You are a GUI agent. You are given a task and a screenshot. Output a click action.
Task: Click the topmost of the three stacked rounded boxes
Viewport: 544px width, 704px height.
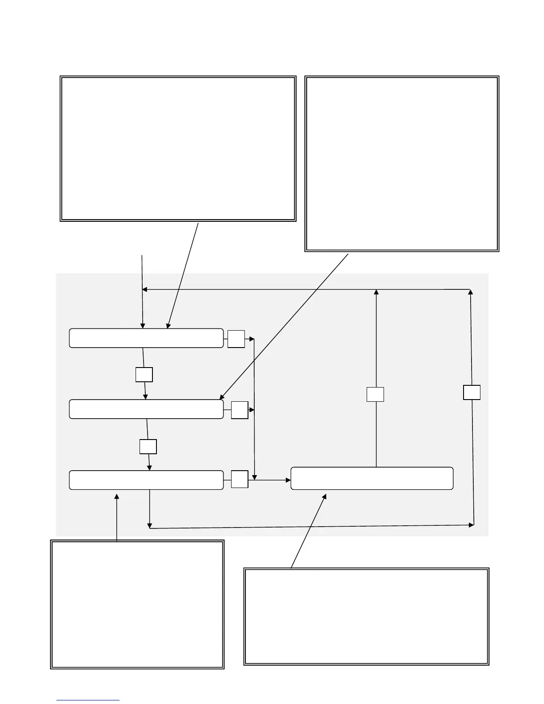pyautogui.click(x=146, y=338)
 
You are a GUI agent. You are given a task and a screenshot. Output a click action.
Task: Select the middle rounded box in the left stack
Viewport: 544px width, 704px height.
pyautogui.click(x=146, y=409)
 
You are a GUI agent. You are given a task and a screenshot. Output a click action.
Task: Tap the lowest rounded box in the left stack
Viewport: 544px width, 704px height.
pyautogui.click(x=146, y=480)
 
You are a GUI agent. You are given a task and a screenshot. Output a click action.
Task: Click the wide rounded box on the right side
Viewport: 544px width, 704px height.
pyautogui.click(x=372, y=478)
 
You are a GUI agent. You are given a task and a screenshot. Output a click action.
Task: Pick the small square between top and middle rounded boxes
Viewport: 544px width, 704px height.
pyautogui.click(x=144, y=375)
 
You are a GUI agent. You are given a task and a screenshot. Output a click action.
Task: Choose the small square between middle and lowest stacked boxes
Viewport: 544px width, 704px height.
pyautogui.click(x=148, y=446)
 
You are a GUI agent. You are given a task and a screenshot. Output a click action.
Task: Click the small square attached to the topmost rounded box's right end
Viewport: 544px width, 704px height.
pyautogui.click(x=236, y=339)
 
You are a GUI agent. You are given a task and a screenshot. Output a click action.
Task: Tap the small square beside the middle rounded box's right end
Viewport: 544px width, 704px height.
pyautogui.click(x=240, y=410)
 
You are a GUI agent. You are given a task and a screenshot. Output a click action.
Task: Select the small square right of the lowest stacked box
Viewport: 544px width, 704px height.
pyautogui.click(x=240, y=479)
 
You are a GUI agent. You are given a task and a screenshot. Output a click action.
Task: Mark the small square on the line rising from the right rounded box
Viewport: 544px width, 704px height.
pyautogui.click(x=375, y=394)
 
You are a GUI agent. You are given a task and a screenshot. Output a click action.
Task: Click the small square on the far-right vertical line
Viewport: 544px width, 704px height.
pyautogui.click(x=472, y=392)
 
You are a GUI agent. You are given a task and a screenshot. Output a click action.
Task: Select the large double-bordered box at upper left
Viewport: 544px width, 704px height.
pyautogui.click(x=178, y=148)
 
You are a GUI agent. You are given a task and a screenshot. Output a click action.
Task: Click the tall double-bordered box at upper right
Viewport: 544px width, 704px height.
pyautogui.click(x=401, y=164)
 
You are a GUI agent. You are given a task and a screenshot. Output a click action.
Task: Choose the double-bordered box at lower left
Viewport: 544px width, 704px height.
pyautogui.click(x=137, y=604)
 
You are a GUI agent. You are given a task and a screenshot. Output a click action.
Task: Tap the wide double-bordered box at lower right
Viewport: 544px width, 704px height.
pyautogui.click(x=366, y=616)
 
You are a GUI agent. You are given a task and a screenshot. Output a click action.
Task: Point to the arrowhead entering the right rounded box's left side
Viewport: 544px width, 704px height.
pyautogui.click(x=288, y=480)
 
